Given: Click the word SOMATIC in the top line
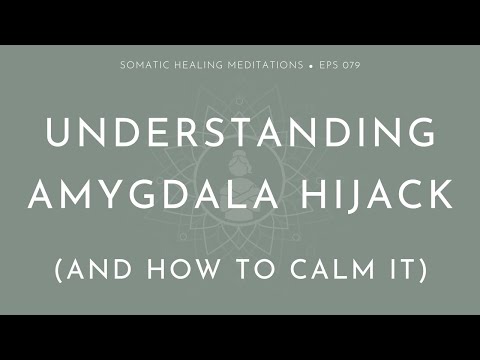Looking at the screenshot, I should point(144,66).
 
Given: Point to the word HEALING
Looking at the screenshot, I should point(201,66).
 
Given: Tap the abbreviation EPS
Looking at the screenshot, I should point(327,66).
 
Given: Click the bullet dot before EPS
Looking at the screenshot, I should point(311,66).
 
